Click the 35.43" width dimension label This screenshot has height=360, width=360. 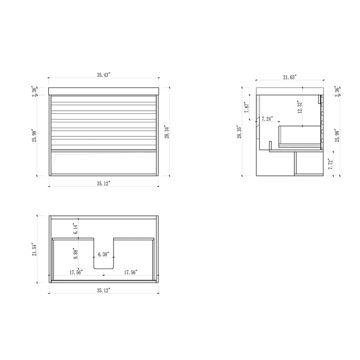[103, 75]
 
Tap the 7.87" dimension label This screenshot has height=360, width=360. [247, 108]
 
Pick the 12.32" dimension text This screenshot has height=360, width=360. [299, 108]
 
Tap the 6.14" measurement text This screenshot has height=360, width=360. [76, 229]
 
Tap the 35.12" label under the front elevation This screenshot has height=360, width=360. [103, 183]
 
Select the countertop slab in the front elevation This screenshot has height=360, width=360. [103, 90]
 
